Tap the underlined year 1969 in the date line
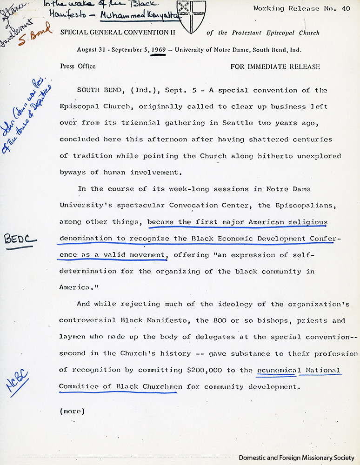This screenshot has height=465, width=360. pyautogui.click(x=158, y=50)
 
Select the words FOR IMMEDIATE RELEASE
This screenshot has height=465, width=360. pyautogui.click(x=275, y=66)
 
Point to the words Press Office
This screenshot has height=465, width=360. pyautogui.click(x=78, y=66)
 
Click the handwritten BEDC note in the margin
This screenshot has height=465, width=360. pyautogui.click(x=20, y=239)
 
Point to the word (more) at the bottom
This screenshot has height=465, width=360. pyautogui.click(x=72, y=411)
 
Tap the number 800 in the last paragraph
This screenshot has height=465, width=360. pyautogui.click(x=215, y=320)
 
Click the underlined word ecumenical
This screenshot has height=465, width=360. pyautogui.click(x=276, y=371)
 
